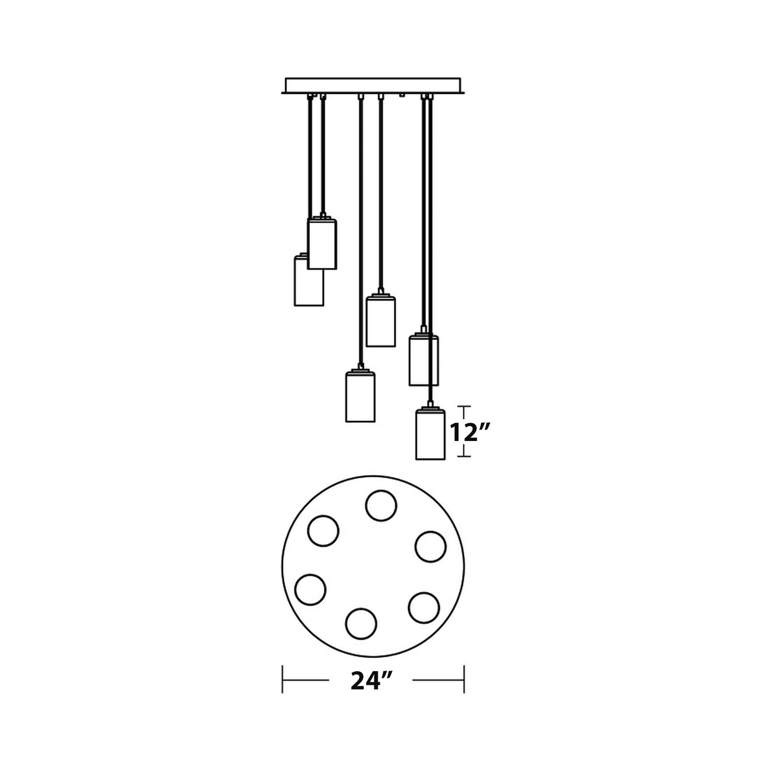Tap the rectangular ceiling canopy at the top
tap(373, 85)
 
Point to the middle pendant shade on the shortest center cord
tap(381, 321)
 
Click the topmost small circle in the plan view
tap(381, 506)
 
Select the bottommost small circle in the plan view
tap(361, 635)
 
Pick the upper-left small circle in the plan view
tap(323, 531)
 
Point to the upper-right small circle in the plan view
tap(431, 546)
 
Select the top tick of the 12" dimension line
tap(464, 406)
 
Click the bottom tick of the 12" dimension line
tap(464, 456)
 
